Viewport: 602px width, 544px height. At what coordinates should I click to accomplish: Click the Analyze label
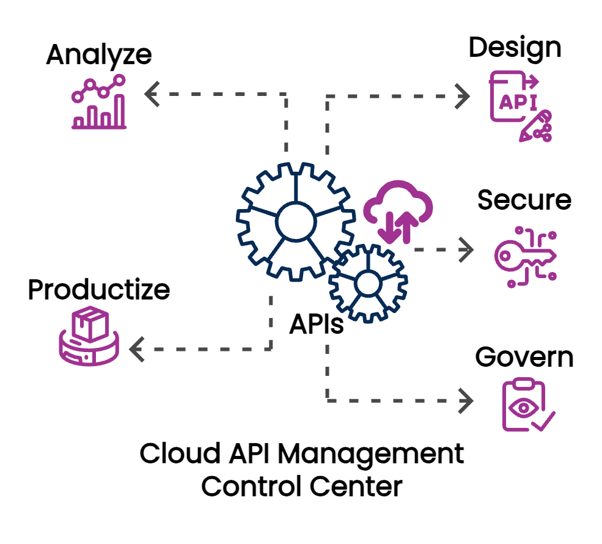pyautogui.click(x=98, y=56)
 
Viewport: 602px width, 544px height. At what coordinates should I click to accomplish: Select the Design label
pyautogui.click(x=515, y=48)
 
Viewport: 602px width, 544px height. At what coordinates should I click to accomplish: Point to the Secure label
pyautogui.click(x=524, y=200)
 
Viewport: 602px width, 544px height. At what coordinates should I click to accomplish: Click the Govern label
pyautogui.click(x=524, y=358)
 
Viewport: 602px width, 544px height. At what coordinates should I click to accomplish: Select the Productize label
pyautogui.click(x=98, y=289)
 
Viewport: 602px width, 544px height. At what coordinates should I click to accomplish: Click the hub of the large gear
pyautogui.click(x=295, y=221)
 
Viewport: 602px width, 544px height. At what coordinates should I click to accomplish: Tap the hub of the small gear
pyautogui.click(x=367, y=282)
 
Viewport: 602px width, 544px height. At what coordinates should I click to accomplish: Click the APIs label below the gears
pyautogui.click(x=316, y=325)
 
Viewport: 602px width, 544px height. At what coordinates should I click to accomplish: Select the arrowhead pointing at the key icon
pyautogui.click(x=467, y=249)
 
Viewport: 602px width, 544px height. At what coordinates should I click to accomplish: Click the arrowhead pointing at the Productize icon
pyautogui.click(x=136, y=350)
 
